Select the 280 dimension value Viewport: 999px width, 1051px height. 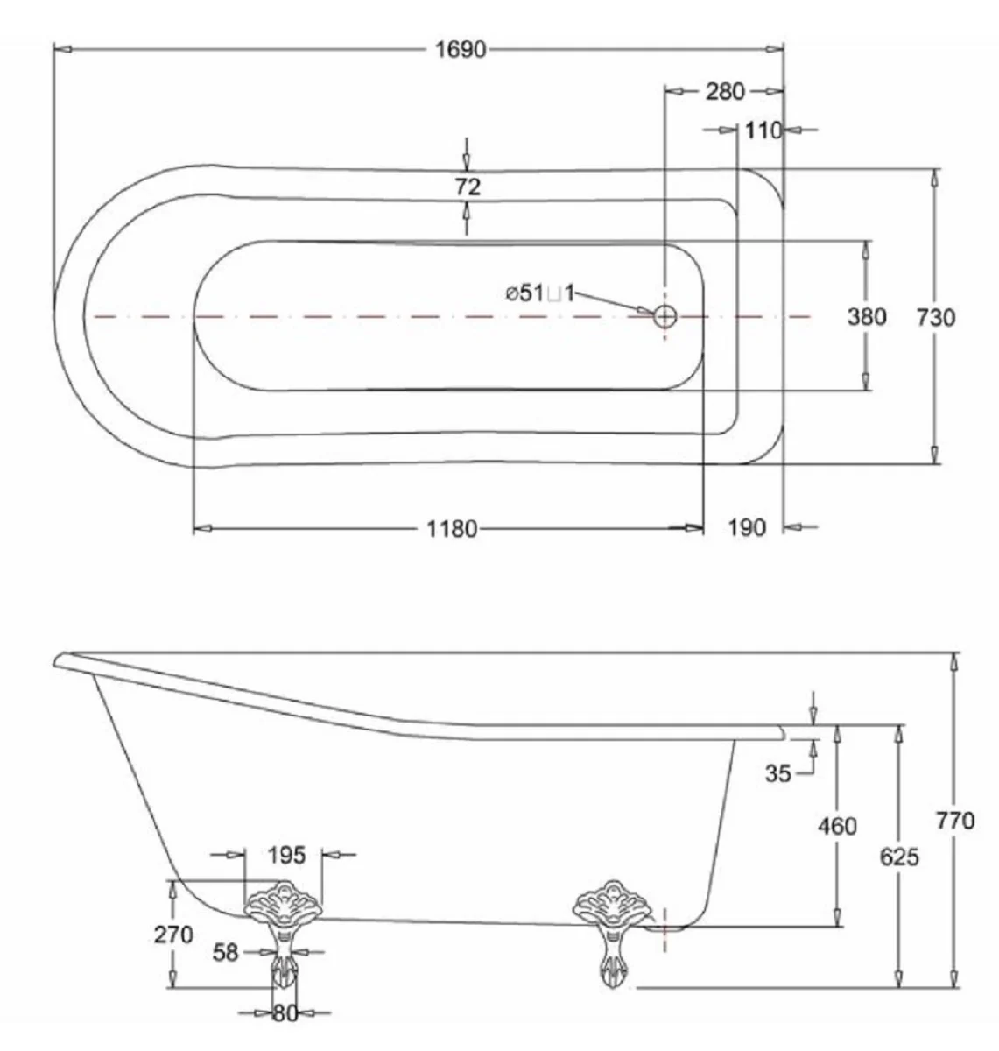(725, 91)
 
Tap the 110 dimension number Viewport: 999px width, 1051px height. (763, 131)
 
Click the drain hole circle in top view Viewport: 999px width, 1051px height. (665, 315)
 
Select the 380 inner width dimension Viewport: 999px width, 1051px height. (867, 316)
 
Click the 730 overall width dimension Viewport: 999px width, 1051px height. (935, 317)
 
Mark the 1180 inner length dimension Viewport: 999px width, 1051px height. (451, 529)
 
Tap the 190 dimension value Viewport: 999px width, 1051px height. (747, 528)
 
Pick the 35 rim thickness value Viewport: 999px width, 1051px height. (777, 773)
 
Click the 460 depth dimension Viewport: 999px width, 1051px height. (837, 826)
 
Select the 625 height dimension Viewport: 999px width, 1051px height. (899, 857)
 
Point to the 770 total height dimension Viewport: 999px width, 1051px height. (954, 821)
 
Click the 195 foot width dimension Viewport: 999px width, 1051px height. (285, 855)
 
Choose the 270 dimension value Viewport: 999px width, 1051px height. (173, 935)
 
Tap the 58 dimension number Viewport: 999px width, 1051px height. (226, 952)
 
